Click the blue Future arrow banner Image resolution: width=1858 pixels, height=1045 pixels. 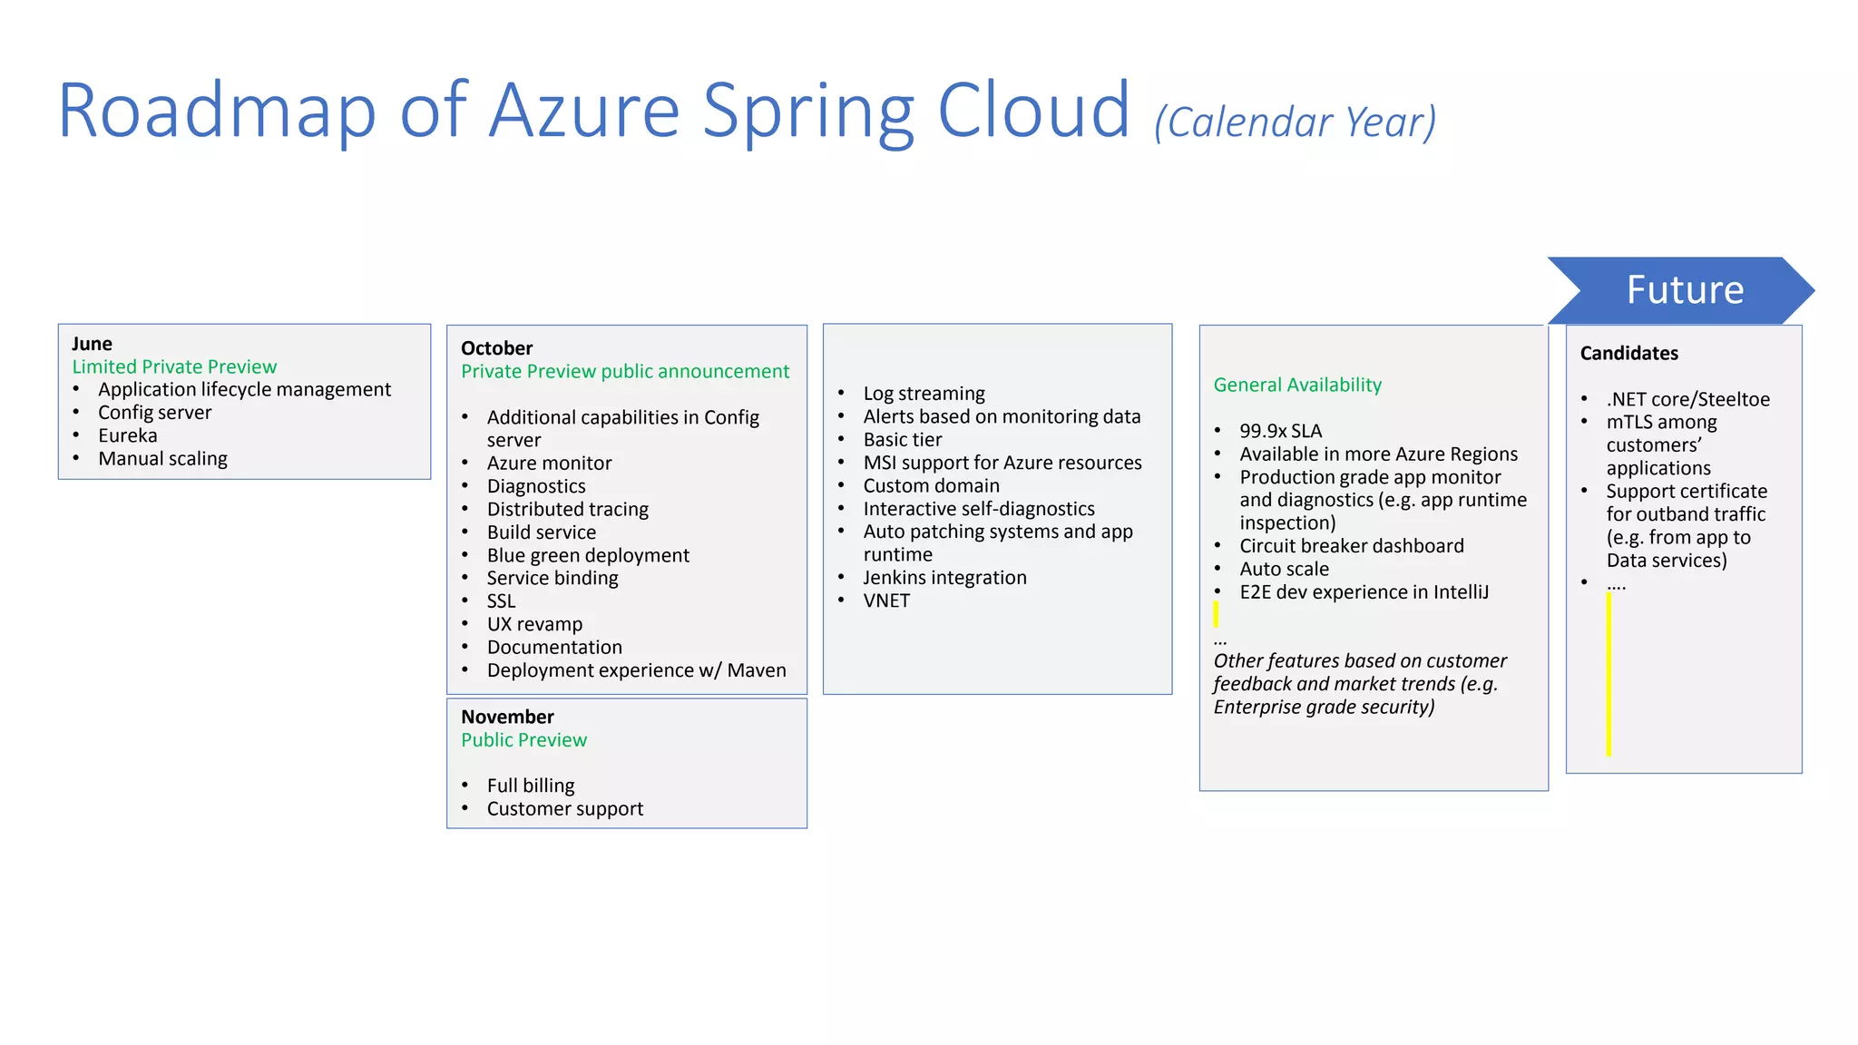tap(1683, 290)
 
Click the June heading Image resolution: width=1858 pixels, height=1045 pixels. tap(92, 344)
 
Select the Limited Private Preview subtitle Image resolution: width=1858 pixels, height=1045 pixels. tap(174, 366)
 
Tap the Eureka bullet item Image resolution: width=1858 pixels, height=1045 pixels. tap(127, 435)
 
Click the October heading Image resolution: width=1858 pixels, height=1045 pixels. tap(496, 348)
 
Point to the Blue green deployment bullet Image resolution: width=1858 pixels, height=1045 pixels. tap(587, 555)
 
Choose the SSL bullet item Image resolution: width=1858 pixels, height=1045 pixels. tap(501, 601)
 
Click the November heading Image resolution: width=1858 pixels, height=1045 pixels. tap(507, 717)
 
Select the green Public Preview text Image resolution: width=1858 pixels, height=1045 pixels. tap(523, 740)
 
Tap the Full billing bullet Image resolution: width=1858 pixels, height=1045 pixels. tap(530, 786)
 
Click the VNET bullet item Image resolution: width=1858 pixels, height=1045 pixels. tap(885, 601)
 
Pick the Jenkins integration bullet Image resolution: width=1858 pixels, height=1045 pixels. tap(944, 578)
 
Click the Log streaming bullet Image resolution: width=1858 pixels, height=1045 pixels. tap(924, 394)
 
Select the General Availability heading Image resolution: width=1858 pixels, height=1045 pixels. tap(1297, 385)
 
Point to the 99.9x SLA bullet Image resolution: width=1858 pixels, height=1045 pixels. tap(1280, 431)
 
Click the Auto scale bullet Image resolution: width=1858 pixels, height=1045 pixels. tap(1284, 569)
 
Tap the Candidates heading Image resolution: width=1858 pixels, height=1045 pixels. tap(1628, 353)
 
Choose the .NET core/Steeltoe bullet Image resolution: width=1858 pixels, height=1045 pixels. tap(1687, 399)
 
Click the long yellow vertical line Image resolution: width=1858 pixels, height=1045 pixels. tap(1609, 676)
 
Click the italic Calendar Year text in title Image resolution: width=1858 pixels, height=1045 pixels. tap(1296, 122)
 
